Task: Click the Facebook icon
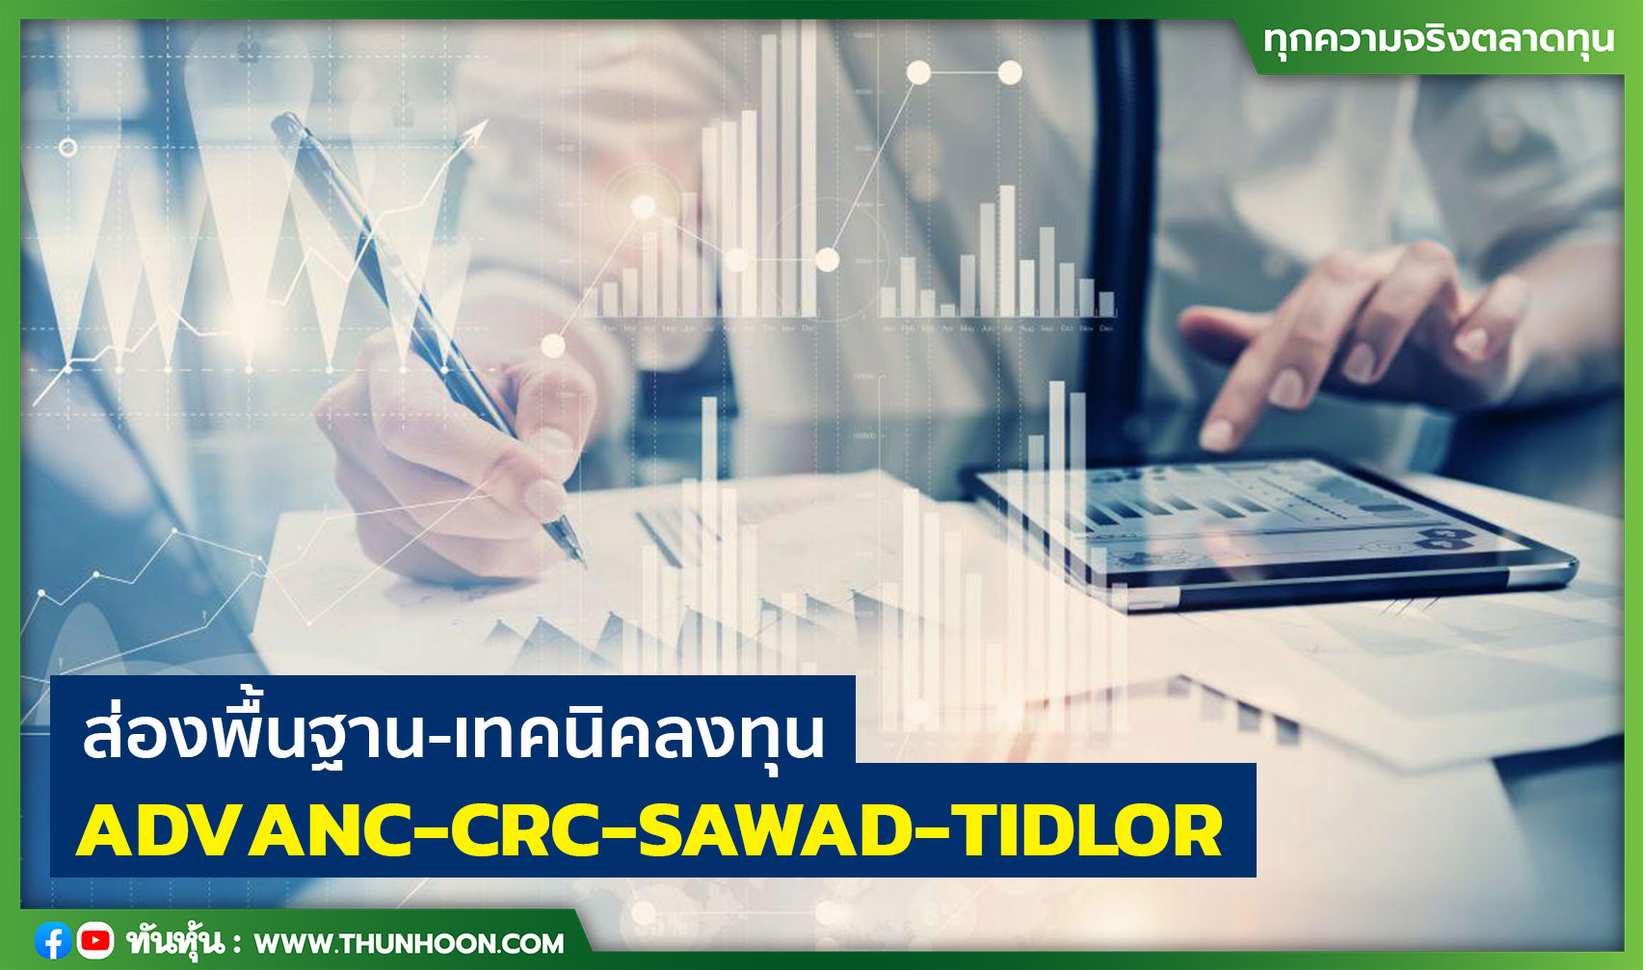pyautogui.click(x=52, y=940)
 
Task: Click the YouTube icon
pyautogui.click(x=94, y=940)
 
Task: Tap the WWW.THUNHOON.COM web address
pyautogui.click(x=409, y=943)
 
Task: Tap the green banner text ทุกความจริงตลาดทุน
pyautogui.click(x=1438, y=40)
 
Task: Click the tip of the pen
pyautogui.click(x=580, y=561)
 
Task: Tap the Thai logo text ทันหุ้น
pyautogui.click(x=173, y=941)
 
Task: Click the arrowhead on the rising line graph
pyautogui.click(x=477, y=133)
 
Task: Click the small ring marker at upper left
pyautogui.click(x=67, y=147)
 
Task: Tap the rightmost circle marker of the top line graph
pyautogui.click(x=1010, y=72)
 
